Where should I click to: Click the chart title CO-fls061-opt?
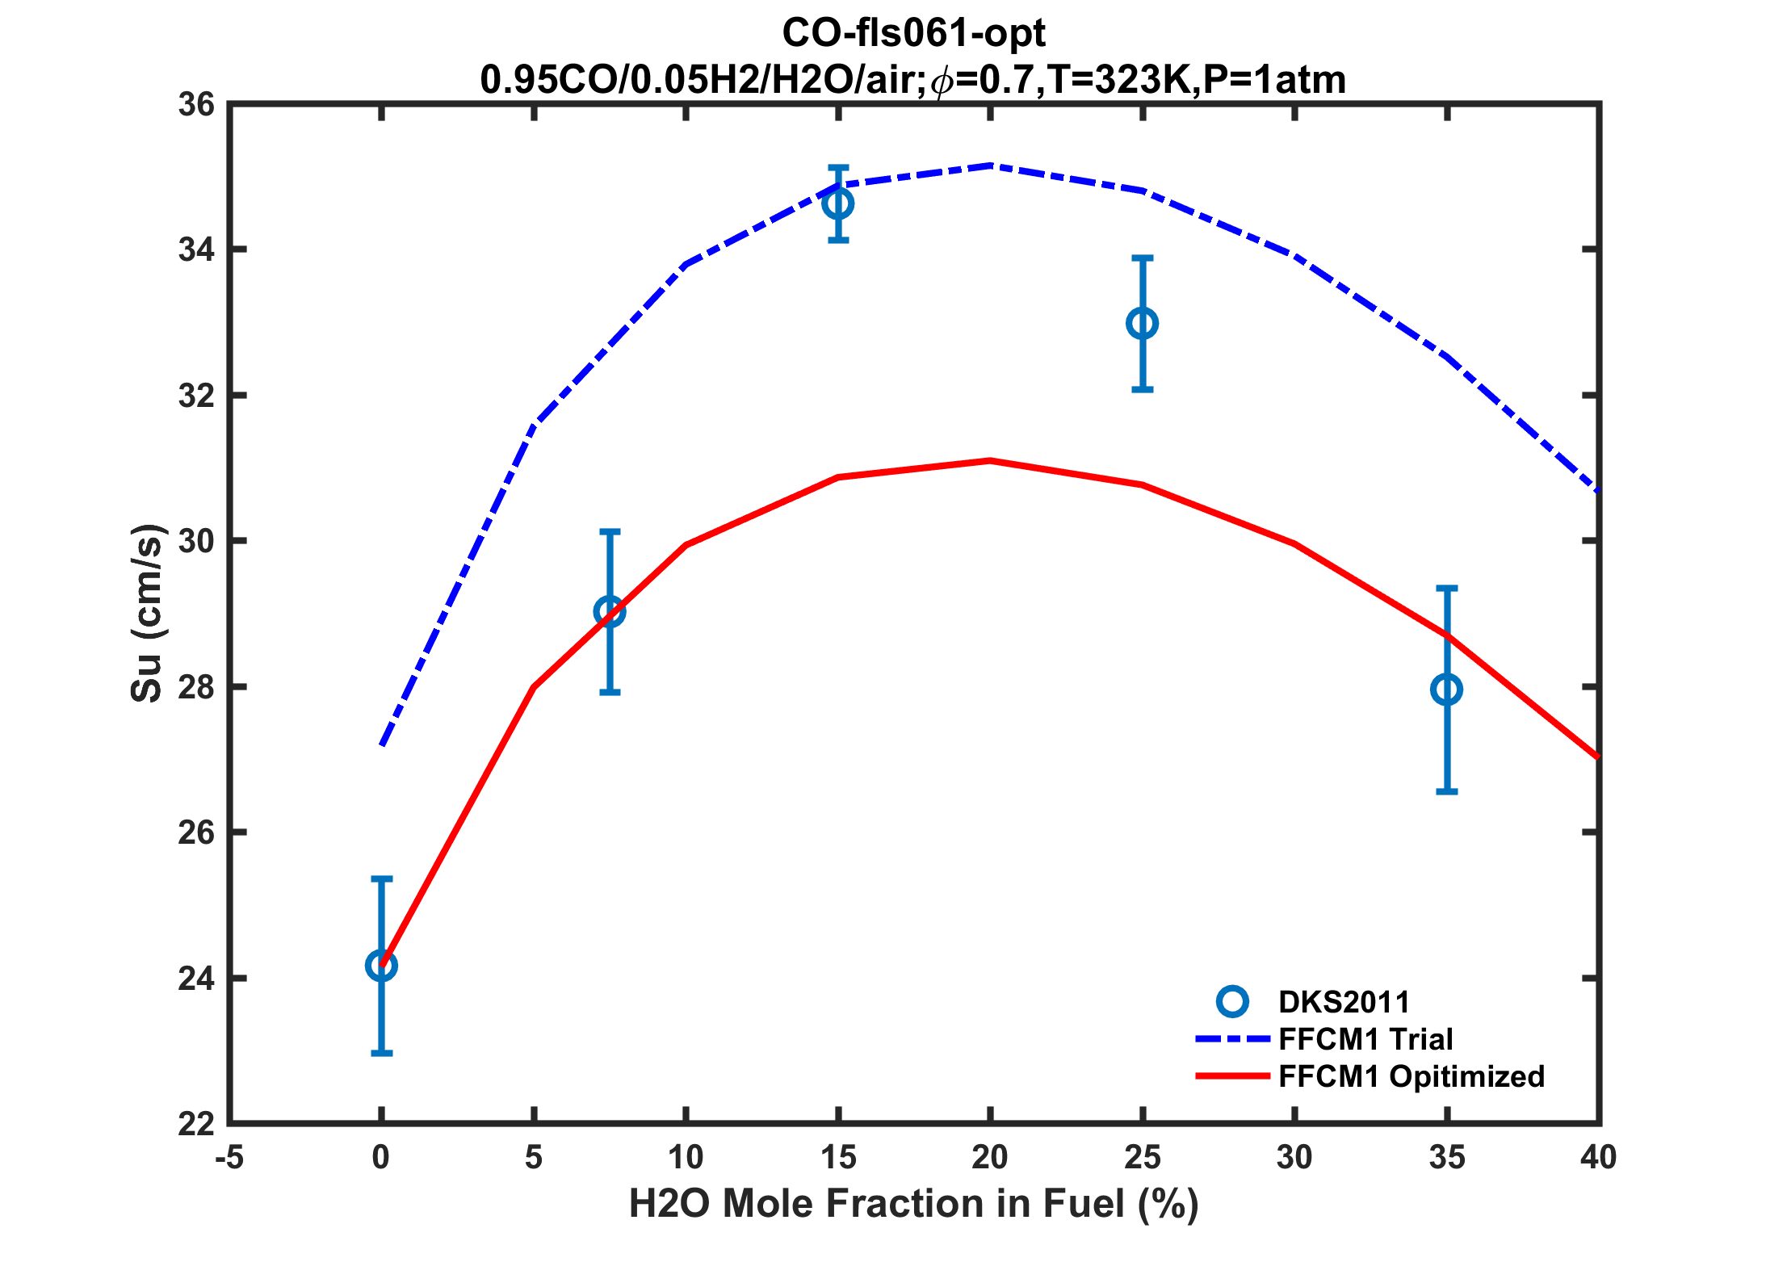913,34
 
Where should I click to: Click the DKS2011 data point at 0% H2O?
381,965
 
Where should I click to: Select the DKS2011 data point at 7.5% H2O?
610,612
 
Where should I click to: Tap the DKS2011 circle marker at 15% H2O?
838,203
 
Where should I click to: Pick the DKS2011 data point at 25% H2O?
1142,324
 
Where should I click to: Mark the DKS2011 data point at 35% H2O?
1446,690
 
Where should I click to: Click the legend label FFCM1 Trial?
1365,1039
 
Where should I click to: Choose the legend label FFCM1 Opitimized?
1411,1076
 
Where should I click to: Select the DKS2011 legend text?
1344,1002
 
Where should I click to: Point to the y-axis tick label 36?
196,105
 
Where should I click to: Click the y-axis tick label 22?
196,1124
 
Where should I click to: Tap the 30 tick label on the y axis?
196,542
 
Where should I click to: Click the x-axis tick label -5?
229,1159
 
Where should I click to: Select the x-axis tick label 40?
1598,1159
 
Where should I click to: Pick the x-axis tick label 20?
990,1159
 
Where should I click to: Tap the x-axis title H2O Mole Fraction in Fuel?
913,1204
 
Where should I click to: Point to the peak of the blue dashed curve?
990,166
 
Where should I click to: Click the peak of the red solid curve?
990,460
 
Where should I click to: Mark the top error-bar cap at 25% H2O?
1142,258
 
